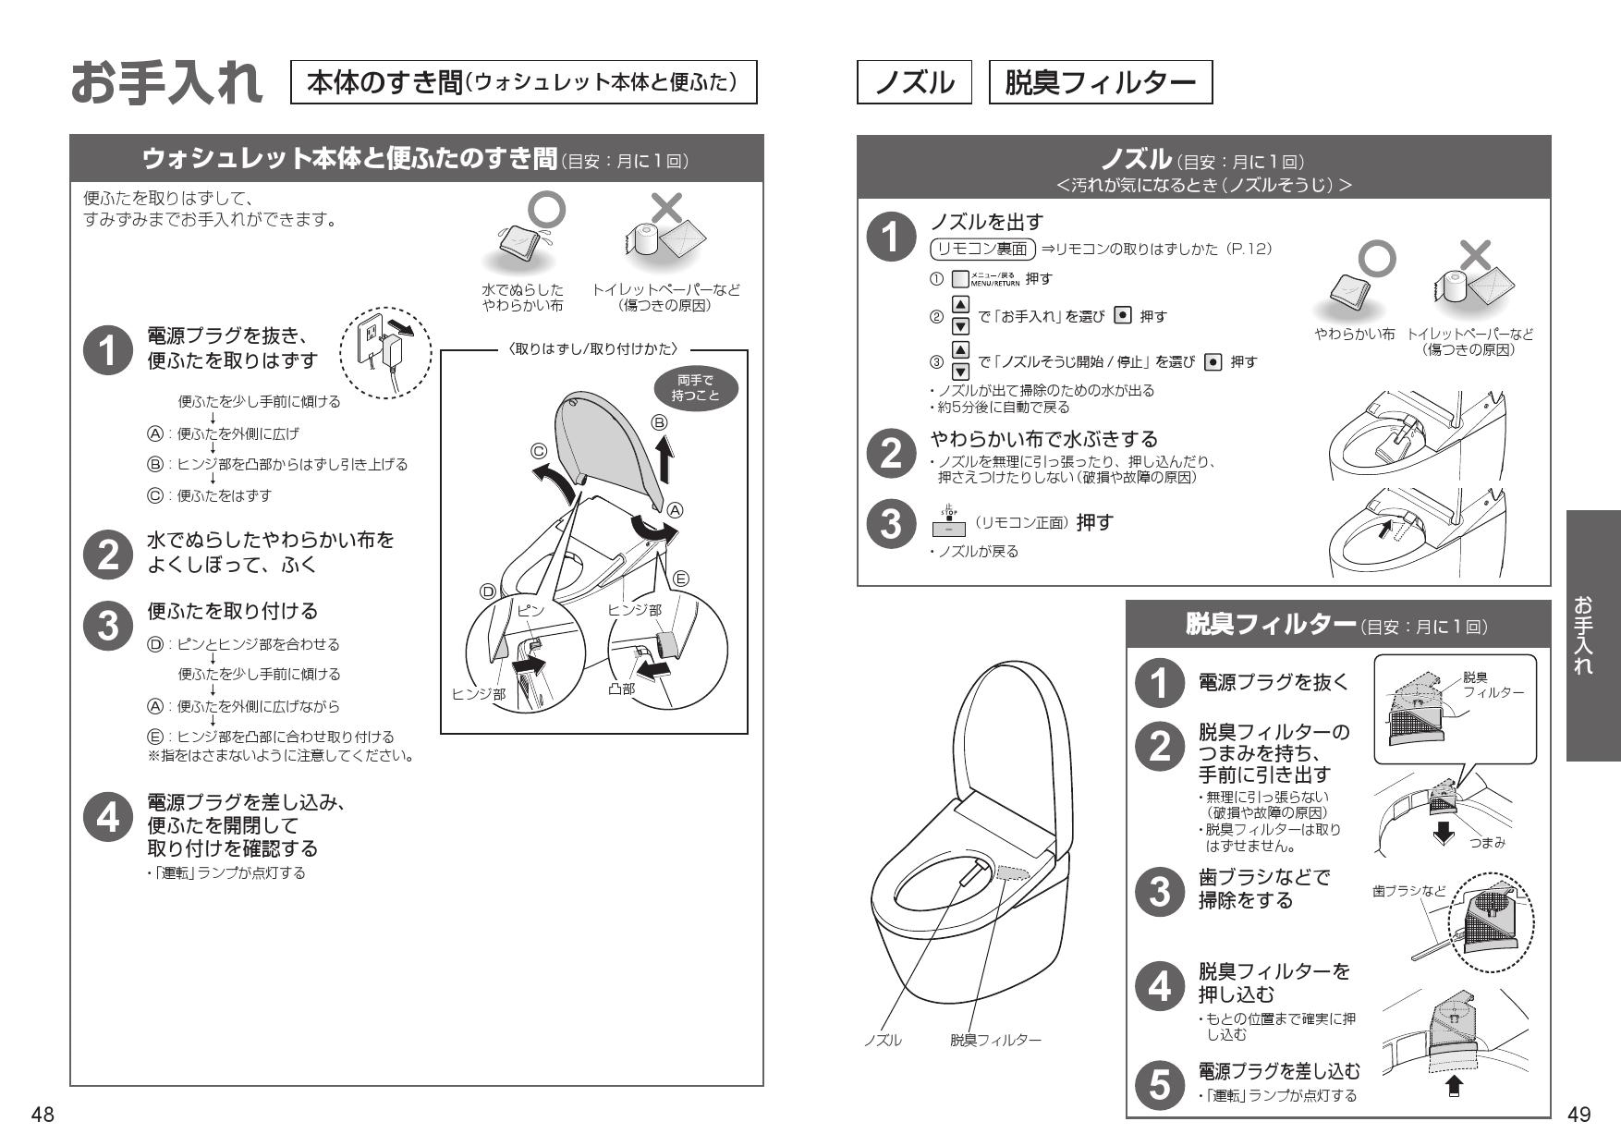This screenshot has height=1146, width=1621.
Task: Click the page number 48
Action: point(43,1115)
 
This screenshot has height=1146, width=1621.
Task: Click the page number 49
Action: point(1578,1115)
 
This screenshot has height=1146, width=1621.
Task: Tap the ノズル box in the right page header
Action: point(914,83)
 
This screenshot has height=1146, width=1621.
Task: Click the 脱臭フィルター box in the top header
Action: point(1100,83)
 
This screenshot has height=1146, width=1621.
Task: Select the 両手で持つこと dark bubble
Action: point(695,388)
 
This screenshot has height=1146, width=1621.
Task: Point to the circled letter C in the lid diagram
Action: point(539,451)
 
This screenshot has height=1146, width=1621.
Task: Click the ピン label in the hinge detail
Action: point(530,611)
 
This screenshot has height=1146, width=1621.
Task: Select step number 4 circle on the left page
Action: point(109,818)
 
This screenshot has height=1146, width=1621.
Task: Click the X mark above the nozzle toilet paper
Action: point(1477,256)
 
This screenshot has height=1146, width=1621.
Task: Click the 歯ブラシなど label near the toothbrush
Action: point(1409,891)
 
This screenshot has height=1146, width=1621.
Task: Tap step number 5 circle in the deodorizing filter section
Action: point(1159,1083)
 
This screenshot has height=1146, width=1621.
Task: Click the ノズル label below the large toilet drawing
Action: point(883,1041)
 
